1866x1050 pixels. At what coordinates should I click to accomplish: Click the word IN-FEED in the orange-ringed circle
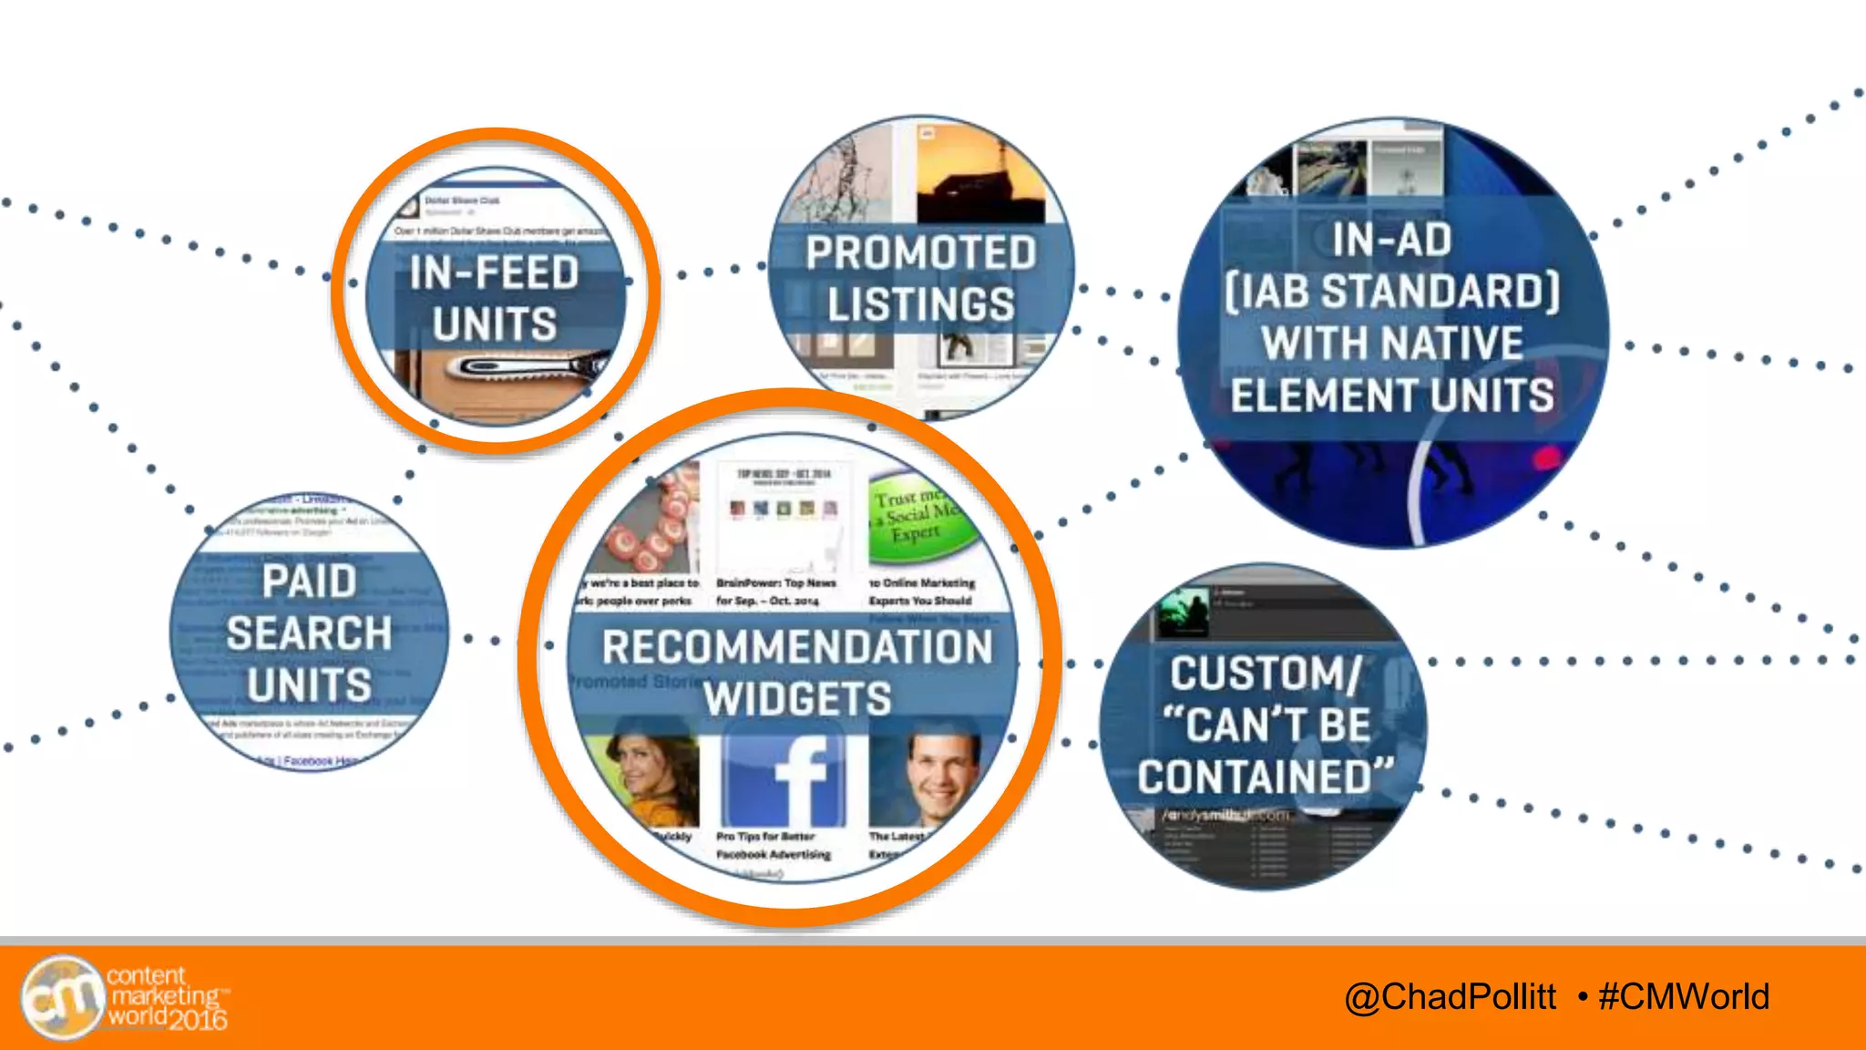[494, 273]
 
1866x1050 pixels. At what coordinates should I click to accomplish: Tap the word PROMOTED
[920, 253]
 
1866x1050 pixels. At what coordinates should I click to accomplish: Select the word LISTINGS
[920, 304]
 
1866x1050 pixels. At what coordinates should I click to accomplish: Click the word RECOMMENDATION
[797, 647]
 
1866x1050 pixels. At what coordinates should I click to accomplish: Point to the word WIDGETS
[797, 699]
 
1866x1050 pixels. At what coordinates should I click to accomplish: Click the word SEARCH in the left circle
[309, 633]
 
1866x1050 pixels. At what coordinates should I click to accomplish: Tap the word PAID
[309, 582]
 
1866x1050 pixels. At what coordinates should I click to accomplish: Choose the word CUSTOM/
[1266, 674]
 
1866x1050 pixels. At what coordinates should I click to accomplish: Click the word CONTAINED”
[1266, 777]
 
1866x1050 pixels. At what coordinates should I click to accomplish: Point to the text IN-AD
[1392, 240]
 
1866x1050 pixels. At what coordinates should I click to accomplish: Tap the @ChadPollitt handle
[1450, 996]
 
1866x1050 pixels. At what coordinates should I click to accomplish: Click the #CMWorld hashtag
[1684, 996]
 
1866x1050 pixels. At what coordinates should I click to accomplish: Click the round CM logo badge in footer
[62, 997]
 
